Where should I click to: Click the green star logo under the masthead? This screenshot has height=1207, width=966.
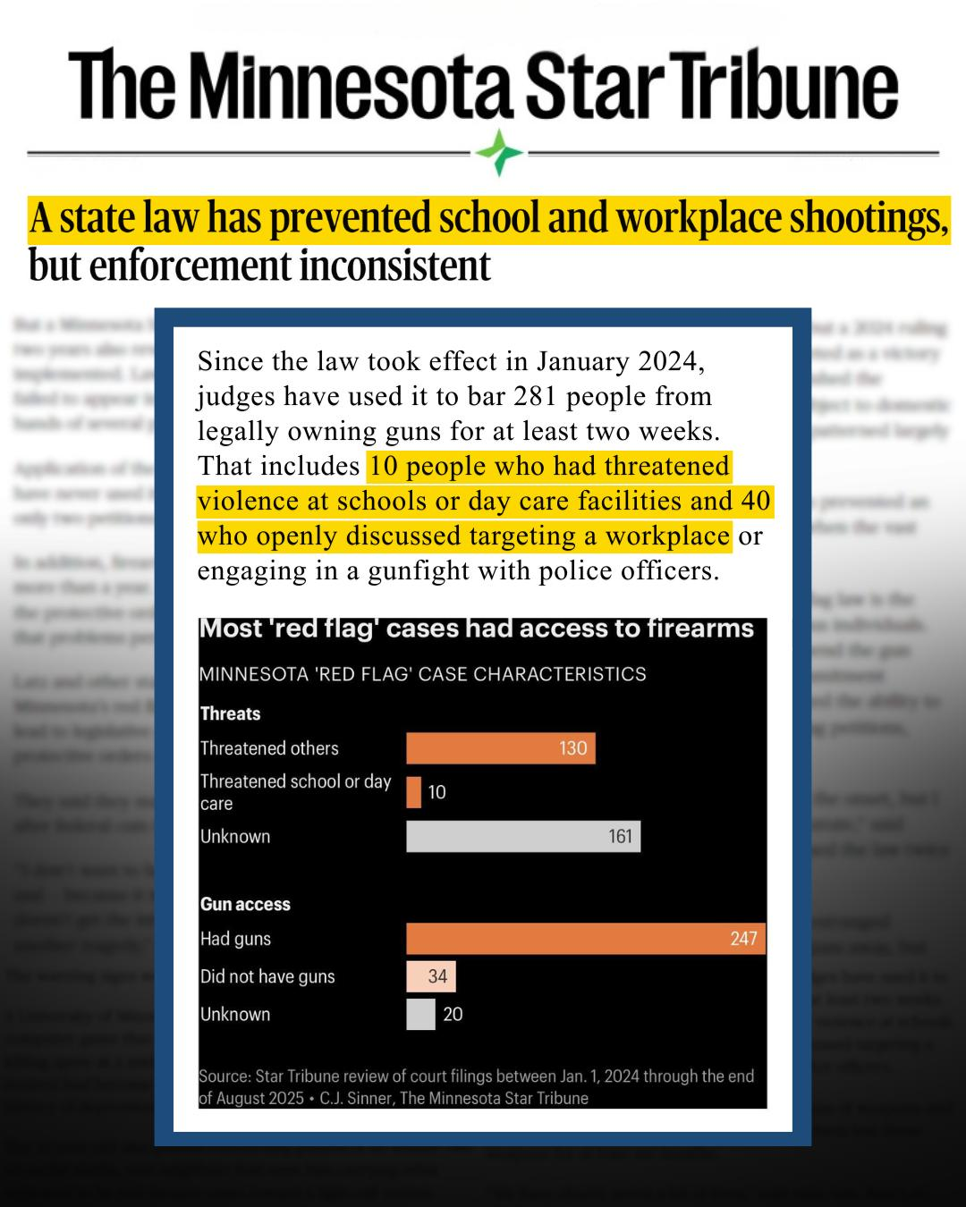499,152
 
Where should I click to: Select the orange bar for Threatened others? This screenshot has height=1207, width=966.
500,748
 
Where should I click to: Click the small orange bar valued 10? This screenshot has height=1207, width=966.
413,792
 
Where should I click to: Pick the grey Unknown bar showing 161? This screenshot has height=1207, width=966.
523,837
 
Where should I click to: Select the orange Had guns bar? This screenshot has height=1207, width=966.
586,939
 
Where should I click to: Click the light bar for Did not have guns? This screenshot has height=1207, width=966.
431,976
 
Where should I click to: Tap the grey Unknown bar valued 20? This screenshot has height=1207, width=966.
420,1014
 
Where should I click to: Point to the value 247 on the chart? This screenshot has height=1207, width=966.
743,939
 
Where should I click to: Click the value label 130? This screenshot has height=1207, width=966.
573,748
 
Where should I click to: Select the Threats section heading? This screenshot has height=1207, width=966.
230,713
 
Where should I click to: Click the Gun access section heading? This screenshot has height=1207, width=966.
245,904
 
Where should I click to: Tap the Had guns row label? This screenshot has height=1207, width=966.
235,939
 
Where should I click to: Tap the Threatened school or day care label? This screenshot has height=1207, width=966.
295,792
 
